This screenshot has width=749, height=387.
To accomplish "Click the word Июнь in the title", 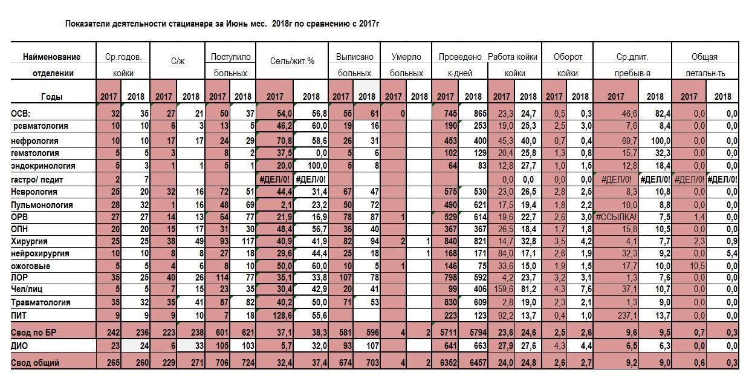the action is click(237, 24).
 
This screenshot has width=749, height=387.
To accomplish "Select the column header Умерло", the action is click(406, 57).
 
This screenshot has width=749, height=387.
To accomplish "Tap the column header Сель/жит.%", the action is click(292, 61).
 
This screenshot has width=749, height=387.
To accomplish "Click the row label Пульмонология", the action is click(42, 205).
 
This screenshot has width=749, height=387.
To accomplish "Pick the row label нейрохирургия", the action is click(40, 253).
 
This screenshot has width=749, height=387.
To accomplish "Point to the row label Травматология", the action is click(41, 302).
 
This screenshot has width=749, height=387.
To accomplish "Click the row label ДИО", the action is click(19, 345).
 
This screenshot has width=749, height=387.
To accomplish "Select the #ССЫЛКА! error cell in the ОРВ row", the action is click(616, 217).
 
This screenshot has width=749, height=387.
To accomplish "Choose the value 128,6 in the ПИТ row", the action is click(282, 316).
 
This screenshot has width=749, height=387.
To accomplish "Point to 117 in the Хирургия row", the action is click(247, 241).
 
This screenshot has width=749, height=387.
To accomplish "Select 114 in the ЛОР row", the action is click(221, 278).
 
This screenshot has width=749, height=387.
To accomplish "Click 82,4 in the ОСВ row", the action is click(663, 114).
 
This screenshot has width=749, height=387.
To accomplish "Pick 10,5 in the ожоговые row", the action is click(697, 266).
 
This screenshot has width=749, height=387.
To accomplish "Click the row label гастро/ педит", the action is click(37, 180).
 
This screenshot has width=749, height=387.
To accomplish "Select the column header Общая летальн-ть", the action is click(705, 65).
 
